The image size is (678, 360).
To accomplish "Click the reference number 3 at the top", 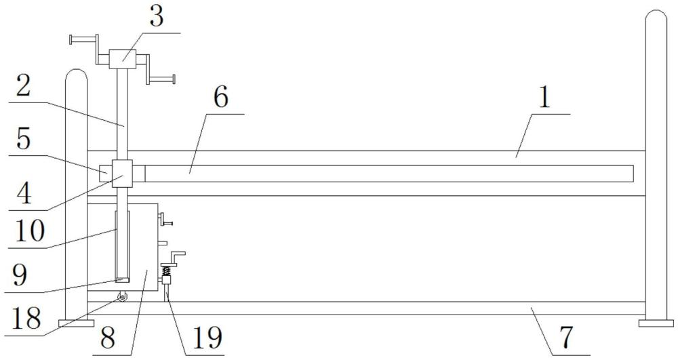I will (157, 17).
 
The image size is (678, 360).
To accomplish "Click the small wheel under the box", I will (123, 296).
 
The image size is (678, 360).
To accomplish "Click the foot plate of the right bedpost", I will (656, 323).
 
